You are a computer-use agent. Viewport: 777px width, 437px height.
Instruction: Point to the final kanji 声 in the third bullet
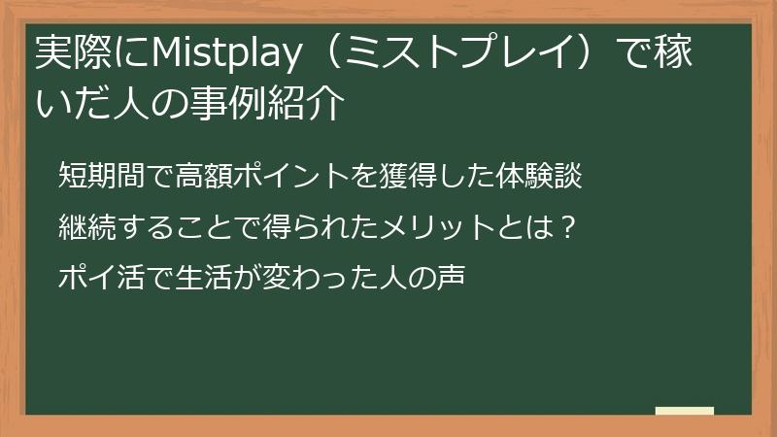(453, 279)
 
